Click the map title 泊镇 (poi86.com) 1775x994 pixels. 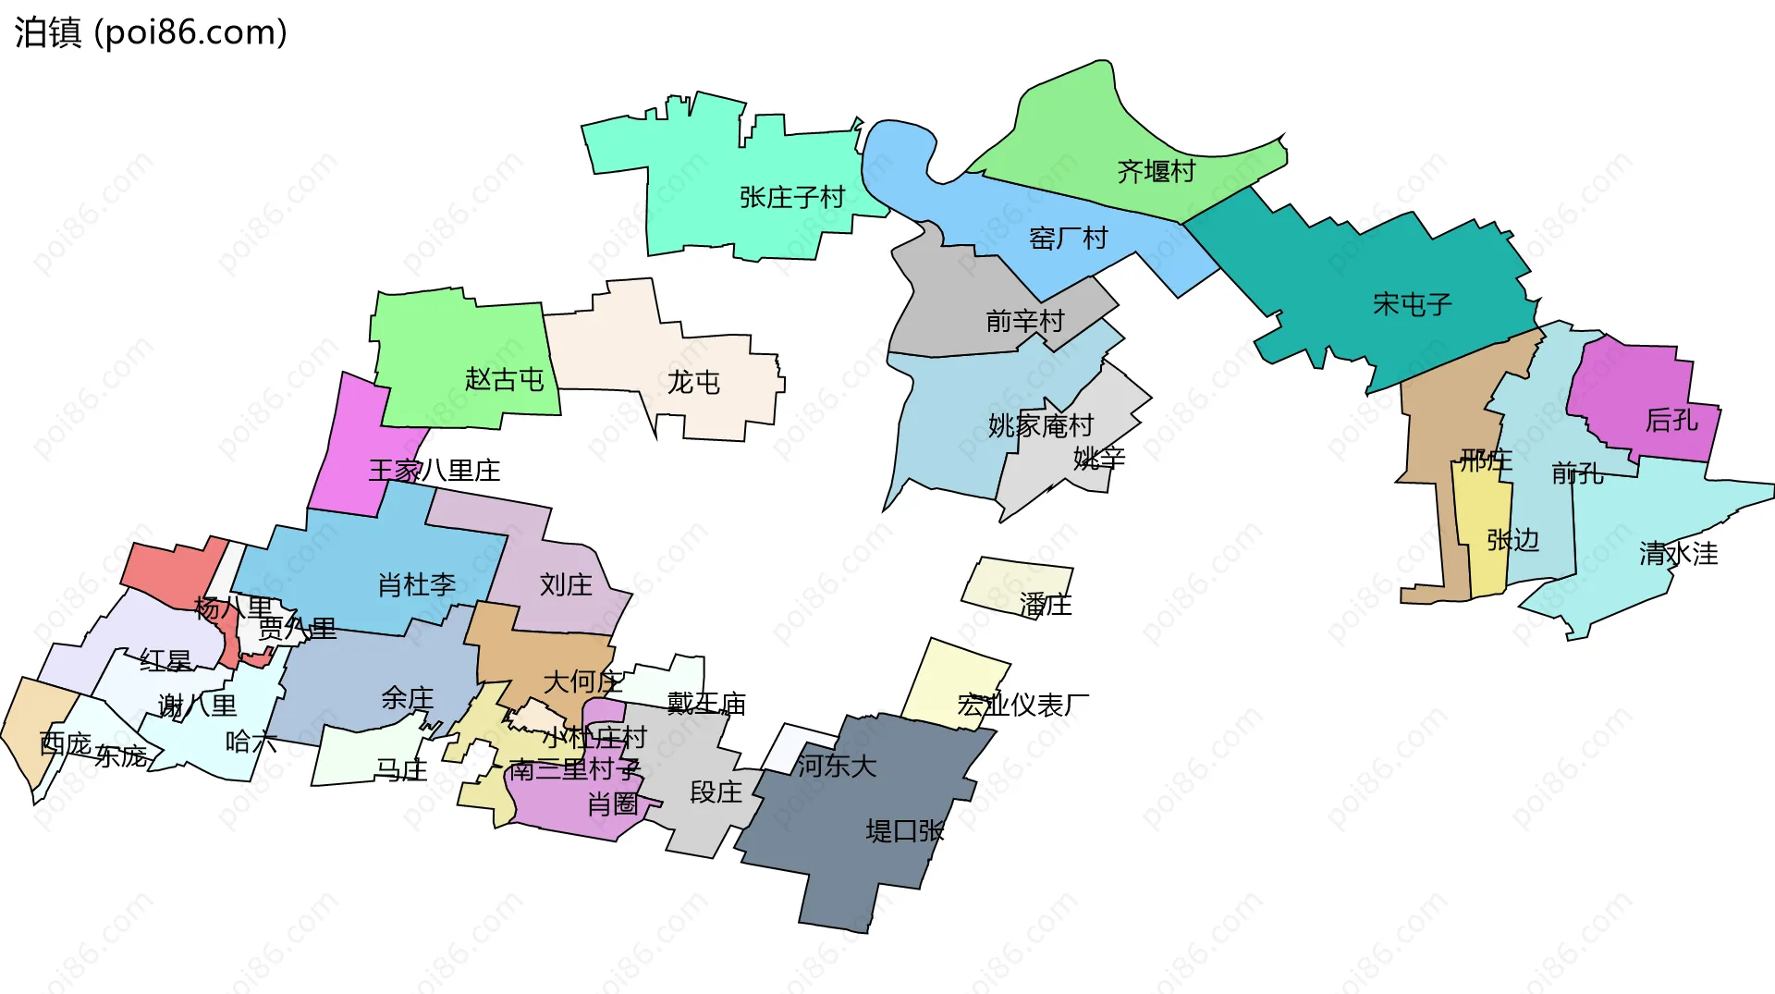pos(151,32)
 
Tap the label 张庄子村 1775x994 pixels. pos(792,197)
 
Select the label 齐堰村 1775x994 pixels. pos(1156,171)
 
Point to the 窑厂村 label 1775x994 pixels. pos(1068,239)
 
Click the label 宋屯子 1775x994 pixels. pos(1412,304)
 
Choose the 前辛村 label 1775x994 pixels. pos(1024,321)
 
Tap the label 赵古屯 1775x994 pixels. pos(504,379)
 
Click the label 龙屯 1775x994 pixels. pos(693,382)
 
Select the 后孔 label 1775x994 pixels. pos(1671,421)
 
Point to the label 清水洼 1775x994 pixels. pos(1678,554)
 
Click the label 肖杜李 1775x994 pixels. pos(416,584)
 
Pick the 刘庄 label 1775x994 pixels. pos(566,584)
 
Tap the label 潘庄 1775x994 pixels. pos(1045,605)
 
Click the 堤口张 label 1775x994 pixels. pos(904,831)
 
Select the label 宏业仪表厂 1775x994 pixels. pos(1022,706)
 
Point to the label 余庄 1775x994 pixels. pos(407,698)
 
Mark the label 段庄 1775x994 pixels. pos(716,792)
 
